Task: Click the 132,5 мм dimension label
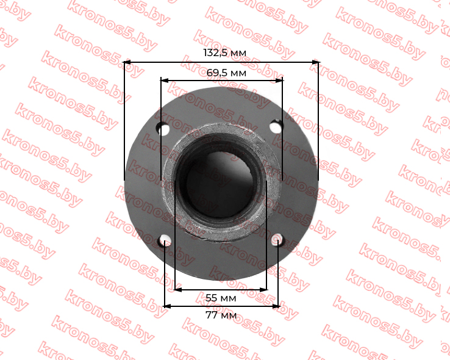[225, 53]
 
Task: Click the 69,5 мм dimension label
[226, 73]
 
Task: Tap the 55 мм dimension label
[221, 298]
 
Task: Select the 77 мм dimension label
[221, 315]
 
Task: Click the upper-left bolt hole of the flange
[163, 128]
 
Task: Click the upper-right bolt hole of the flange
[276, 126]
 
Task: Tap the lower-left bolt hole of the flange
[165, 241]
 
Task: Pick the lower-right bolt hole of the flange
[277, 240]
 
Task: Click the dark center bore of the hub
[220, 184]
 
